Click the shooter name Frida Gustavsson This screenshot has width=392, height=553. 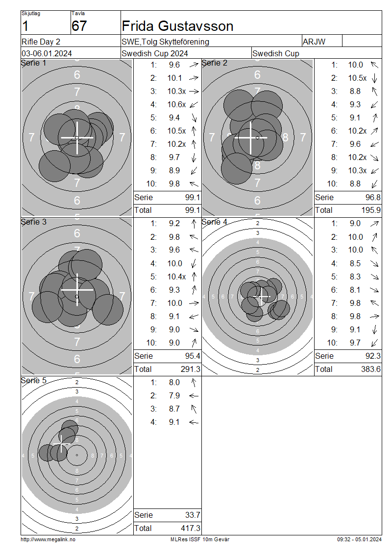(177, 26)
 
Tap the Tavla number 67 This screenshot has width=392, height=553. (79, 26)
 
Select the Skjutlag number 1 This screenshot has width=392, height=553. (25, 26)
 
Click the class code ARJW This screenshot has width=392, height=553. (314, 42)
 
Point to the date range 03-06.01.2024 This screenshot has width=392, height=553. (47, 54)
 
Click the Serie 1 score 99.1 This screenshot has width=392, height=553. (193, 198)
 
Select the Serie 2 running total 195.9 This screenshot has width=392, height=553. (371, 210)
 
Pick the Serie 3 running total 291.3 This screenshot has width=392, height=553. (190, 369)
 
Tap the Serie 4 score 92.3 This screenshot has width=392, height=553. (373, 356)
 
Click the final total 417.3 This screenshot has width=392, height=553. (190, 529)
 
